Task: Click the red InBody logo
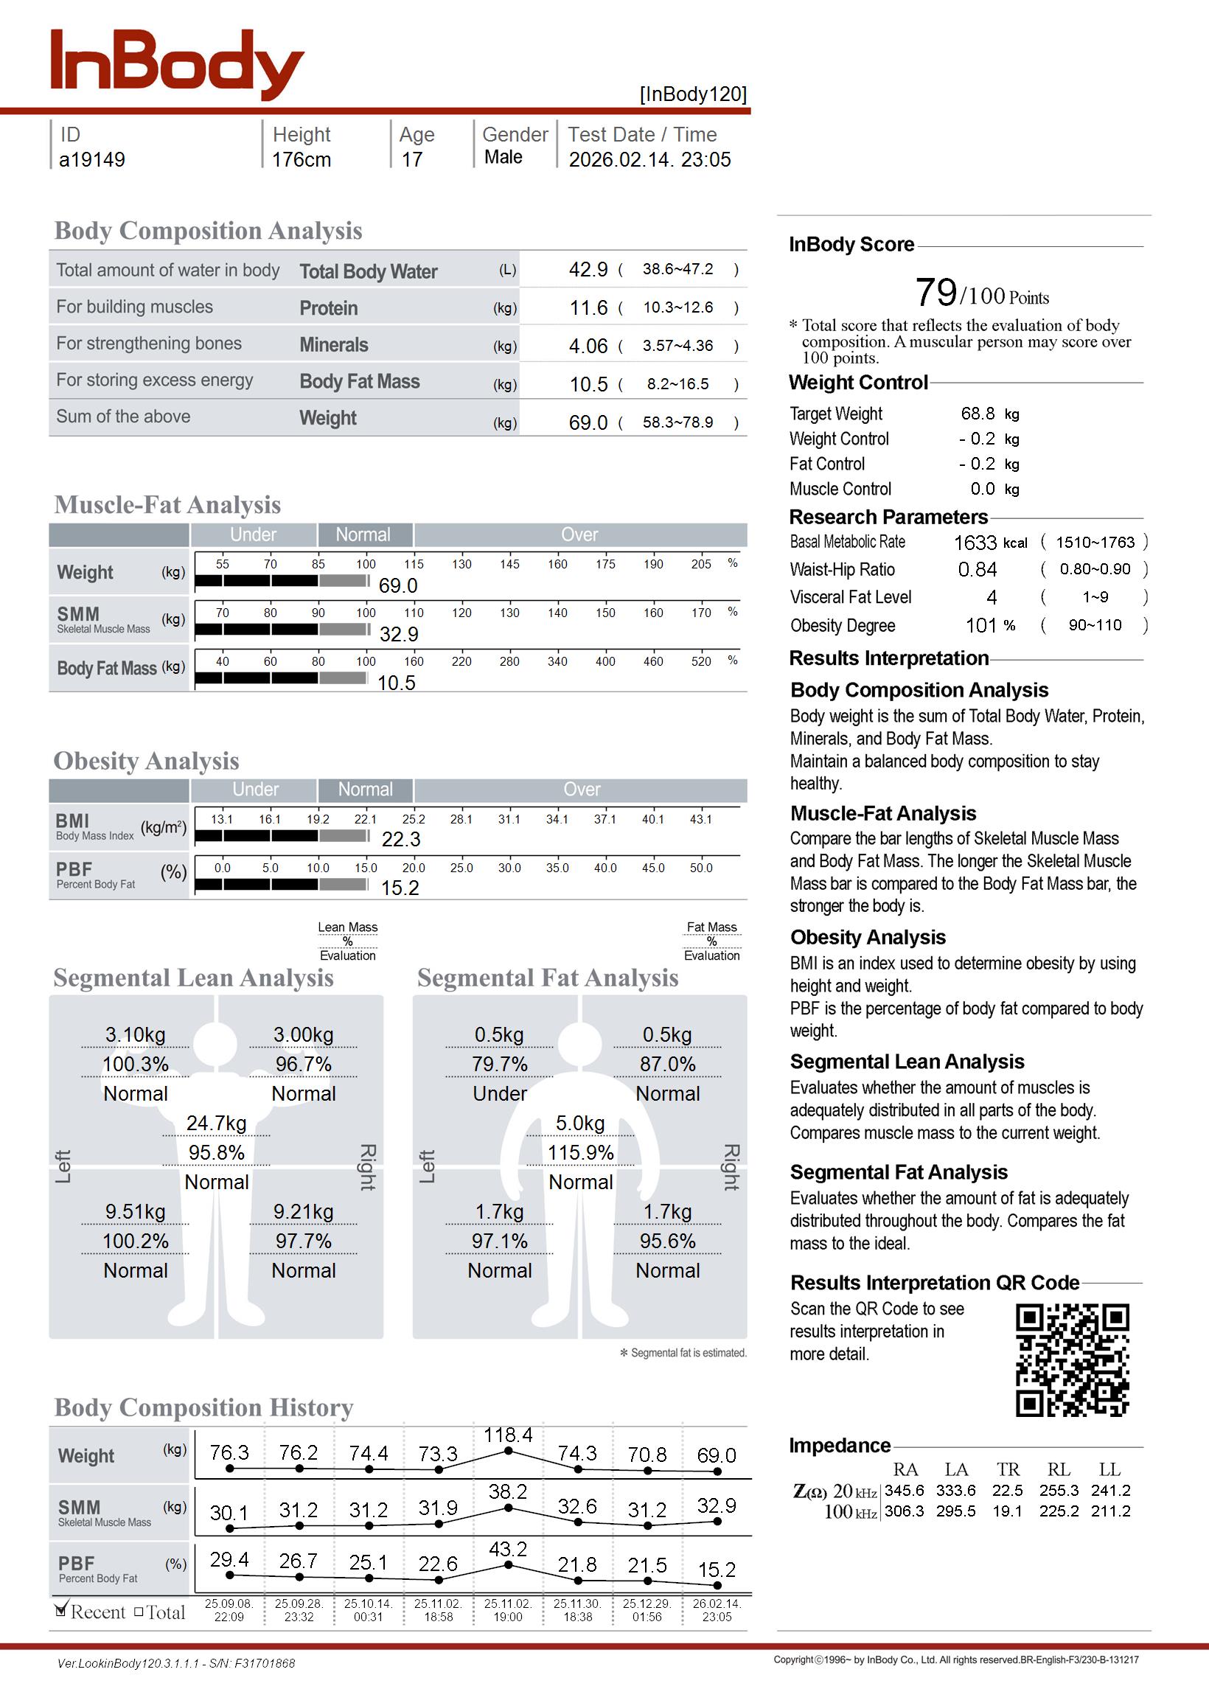click(177, 65)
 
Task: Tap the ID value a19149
click(92, 159)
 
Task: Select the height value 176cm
click(301, 159)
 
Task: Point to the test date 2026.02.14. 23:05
click(649, 159)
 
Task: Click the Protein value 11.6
click(588, 307)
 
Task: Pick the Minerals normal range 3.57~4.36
click(677, 345)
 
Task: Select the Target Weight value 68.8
click(978, 413)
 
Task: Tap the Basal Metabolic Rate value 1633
click(975, 543)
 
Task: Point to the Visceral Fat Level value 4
click(992, 597)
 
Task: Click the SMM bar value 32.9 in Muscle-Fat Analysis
click(399, 634)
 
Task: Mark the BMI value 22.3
click(400, 839)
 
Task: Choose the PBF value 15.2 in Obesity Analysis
click(400, 887)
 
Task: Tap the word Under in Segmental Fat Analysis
click(500, 1093)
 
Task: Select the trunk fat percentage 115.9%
click(581, 1152)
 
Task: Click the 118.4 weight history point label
click(508, 1435)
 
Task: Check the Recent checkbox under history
click(61, 1610)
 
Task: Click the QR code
click(1072, 1359)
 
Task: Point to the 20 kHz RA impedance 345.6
click(904, 1490)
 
